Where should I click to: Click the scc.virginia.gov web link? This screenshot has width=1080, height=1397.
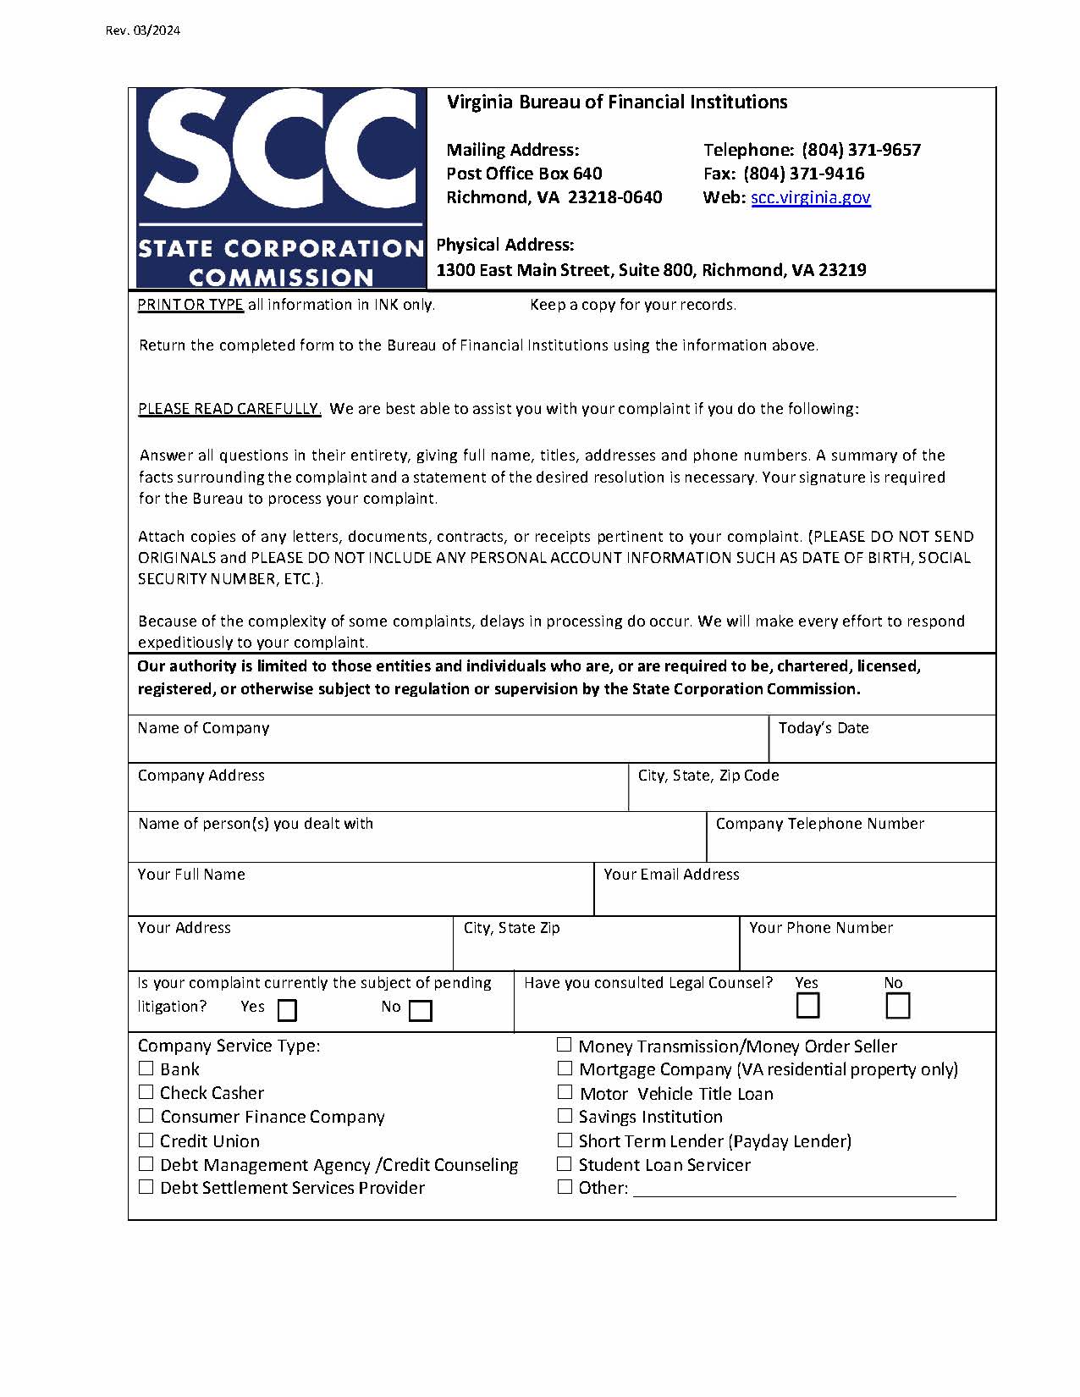(x=810, y=198)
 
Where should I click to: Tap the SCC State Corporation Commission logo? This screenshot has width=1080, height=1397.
(x=280, y=188)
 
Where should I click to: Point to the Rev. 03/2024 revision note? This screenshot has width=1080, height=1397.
(x=143, y=31)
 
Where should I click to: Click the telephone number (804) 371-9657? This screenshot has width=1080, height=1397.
(x=861, y=151)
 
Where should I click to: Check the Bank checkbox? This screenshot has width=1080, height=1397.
(x=146, y=1068)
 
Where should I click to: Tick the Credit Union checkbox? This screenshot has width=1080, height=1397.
(x=146, y=1140)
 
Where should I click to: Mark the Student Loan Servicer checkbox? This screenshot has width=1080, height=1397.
(x=565, y=1164)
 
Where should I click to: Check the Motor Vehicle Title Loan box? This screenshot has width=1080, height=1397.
(x=565, y=1092)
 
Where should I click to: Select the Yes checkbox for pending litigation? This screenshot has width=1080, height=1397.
(x=288, y=1011)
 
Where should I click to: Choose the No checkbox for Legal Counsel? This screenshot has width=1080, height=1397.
(x=897, y=1006)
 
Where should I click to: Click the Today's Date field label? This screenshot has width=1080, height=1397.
(x=823, y=728)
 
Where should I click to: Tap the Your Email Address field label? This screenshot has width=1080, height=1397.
(x=671, y=875)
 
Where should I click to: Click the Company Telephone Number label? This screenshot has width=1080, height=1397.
(x=819, y=824)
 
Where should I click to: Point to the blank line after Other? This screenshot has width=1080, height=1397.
(x=794, y=1189)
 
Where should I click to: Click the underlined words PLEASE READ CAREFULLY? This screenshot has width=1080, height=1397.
(x=229, y=409)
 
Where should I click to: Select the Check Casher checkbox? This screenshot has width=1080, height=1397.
(x=146, y=1092)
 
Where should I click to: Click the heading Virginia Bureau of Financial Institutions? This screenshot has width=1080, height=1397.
(x=617, y=102)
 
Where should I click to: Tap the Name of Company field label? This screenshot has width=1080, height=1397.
(x=203, y=728)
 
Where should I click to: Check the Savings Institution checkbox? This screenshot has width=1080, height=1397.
(x=565, y=1116)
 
